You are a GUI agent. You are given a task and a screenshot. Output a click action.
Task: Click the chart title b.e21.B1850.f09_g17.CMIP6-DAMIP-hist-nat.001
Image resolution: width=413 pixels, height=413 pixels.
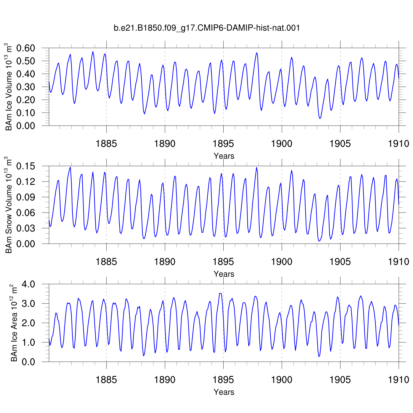[x=207, y=28]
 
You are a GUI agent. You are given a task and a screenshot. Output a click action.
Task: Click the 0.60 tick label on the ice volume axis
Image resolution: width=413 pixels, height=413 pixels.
[x=26, y=48]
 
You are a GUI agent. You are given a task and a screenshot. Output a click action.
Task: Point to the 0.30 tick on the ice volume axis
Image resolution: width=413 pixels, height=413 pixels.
[x=26, y=87]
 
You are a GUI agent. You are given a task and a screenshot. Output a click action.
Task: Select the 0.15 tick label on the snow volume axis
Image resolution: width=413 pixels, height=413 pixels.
[x=26, y=166]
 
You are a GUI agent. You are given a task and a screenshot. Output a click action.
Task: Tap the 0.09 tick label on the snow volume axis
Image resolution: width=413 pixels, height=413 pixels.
[x=26, y=197]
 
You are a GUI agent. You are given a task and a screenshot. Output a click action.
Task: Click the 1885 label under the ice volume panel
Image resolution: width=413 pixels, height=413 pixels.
[x=106, y=143]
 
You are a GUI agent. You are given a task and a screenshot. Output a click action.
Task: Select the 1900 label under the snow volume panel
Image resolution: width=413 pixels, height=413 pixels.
[x=282, y=262]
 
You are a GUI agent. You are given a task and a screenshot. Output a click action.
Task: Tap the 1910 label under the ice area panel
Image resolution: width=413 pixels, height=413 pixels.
[x=399, y=380]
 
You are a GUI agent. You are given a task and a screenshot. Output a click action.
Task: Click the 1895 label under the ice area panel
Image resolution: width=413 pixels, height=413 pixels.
[x=223, y=380]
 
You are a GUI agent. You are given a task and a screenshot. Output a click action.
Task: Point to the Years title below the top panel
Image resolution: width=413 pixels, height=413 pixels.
[x=224, y=156]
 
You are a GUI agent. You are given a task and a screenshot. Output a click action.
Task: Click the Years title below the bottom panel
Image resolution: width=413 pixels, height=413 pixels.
[x=224, y=392]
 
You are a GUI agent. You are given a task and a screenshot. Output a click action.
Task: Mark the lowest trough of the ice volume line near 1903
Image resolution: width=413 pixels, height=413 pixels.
[x=320, y=119]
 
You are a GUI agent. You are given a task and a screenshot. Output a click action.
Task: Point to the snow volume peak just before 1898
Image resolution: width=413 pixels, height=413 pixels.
[x=257, y=167]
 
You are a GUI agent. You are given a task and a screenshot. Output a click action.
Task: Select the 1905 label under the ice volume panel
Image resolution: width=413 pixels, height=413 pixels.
[x=340, y=143]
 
